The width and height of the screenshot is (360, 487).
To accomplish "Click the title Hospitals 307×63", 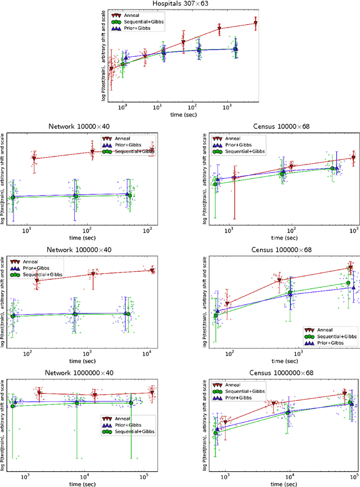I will (x=180, y=4).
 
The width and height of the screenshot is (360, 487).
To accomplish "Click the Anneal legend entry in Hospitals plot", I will (x=134, y=15).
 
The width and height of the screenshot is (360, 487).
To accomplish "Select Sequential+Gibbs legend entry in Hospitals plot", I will (x=148, y=21).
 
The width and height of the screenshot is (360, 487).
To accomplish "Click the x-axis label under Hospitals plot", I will (x=179, y=114).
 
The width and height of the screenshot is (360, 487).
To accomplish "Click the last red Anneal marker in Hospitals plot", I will (x=255, y=24).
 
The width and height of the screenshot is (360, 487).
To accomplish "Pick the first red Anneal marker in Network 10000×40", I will (x=34, y=159).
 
